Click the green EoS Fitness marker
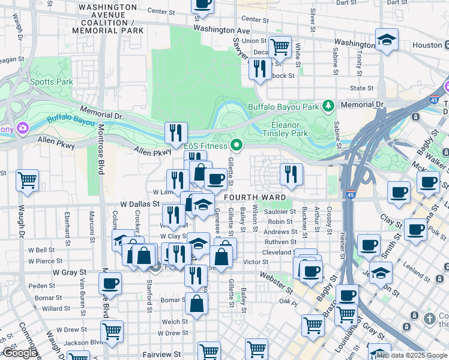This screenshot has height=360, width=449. click(x=237, y=145)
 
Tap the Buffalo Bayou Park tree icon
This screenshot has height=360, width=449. click(x=328, y=107)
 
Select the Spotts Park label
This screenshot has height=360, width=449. click(x=51, y=82)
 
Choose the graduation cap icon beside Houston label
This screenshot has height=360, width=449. click(x=387, y=40)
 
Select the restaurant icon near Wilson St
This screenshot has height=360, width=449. click(x=291, y=173)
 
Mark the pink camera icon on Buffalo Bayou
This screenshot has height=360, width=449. click(x=23, y=128)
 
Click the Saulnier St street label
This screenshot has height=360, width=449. click(x=280, y=211)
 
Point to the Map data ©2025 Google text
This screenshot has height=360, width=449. click(x=411, y=355)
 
